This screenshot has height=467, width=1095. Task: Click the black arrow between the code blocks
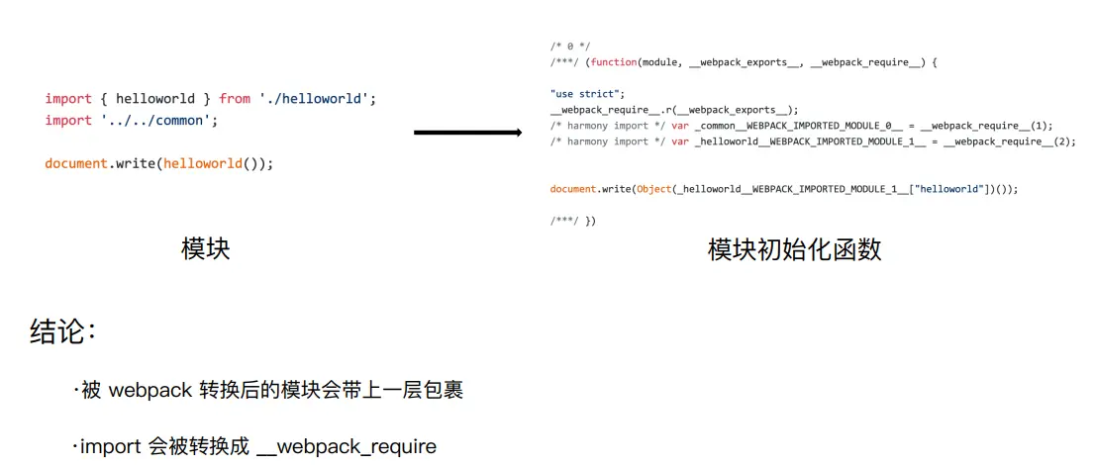point(466,133)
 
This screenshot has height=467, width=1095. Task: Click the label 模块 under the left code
point(206,248)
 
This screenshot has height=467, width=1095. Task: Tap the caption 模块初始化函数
point(794,249)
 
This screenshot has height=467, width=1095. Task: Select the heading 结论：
point(63,332)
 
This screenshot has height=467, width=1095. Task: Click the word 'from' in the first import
point(235,99)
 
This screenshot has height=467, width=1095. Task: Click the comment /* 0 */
point(569,47)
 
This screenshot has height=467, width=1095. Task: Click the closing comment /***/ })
point(573,220)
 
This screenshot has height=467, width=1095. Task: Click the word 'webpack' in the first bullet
point(149,391)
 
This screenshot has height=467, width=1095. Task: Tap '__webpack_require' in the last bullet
point(346,447)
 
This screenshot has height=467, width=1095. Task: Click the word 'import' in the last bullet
point(110,447)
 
